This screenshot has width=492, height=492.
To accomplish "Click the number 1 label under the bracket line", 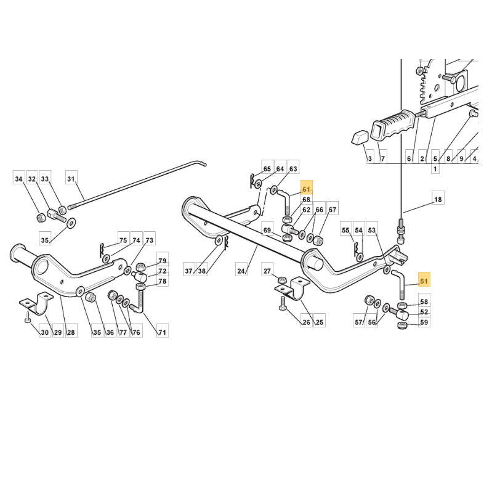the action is tap(435, 168).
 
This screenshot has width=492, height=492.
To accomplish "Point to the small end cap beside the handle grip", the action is tap(358, 138).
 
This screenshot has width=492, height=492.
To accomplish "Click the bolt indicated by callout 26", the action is tap(282, 303).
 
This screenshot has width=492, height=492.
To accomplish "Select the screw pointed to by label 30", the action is tap(27, 317).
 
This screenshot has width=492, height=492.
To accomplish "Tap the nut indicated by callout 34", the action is tap(40, 217).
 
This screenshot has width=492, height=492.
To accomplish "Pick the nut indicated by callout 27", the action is tap(282, 279).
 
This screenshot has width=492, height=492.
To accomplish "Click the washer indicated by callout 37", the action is tap(219, 241).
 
